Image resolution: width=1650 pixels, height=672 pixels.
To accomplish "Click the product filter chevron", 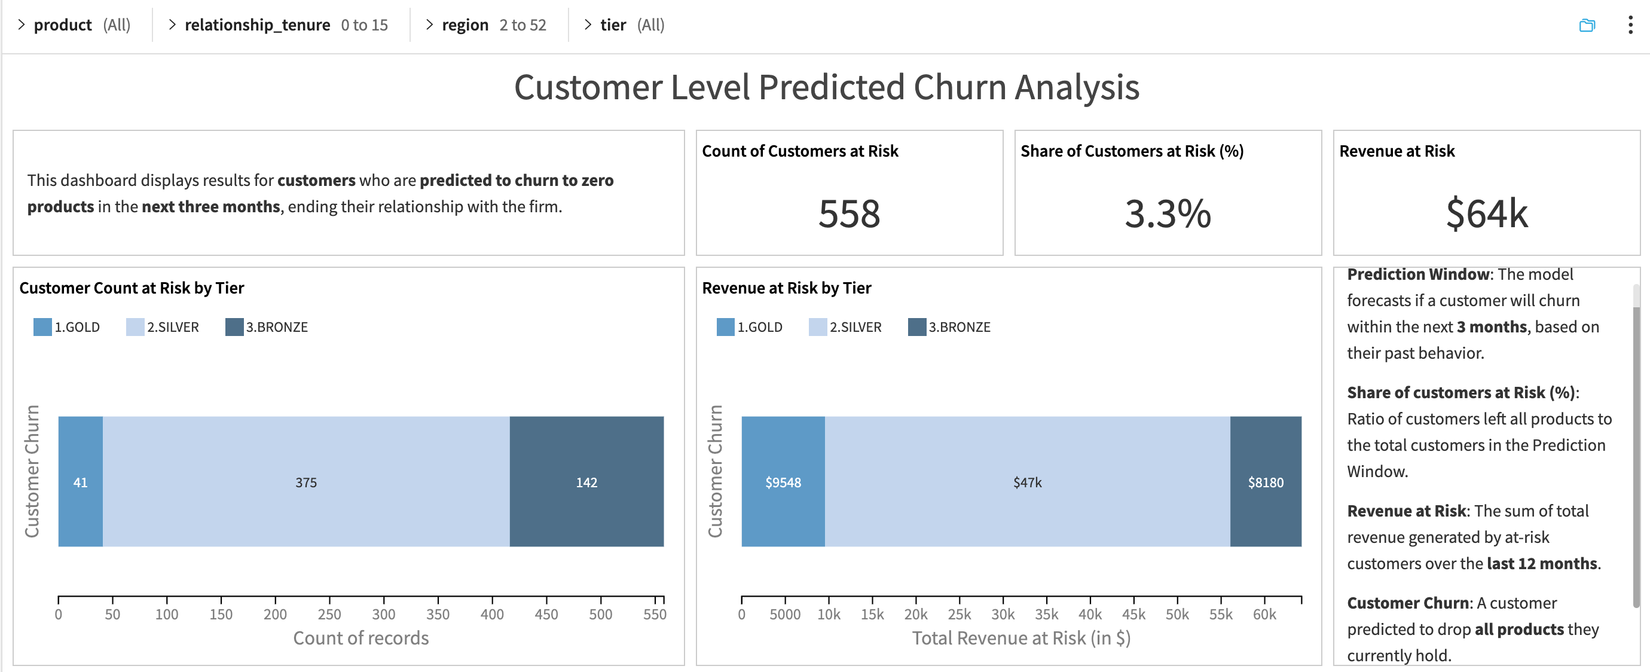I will [21, 25].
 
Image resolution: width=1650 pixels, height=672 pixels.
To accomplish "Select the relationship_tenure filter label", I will [258, 25].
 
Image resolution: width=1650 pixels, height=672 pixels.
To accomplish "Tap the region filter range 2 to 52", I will [522, 25].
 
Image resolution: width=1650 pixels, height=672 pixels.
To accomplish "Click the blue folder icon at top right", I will [1587, 26].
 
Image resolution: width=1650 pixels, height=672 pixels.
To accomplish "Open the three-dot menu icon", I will [1630, 25].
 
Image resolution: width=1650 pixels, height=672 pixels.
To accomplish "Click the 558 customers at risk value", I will [849, 214].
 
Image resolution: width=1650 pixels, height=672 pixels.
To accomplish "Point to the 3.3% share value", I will [1167, 214].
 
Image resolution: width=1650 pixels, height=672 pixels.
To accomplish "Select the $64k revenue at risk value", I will [1486, 214].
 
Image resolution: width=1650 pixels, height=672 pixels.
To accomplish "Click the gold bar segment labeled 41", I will [80, 482].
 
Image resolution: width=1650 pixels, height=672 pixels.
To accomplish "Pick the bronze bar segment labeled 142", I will [586, 482].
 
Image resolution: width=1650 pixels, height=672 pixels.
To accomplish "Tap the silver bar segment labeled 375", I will [306, 482].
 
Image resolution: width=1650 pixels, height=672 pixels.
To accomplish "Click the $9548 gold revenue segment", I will [783, 482].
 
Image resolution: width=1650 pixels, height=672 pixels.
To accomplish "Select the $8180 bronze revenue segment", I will [1265, 482].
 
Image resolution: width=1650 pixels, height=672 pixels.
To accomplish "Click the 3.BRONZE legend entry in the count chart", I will [267, 326].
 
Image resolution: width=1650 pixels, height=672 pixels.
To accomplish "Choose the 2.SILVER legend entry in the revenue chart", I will [845, 326].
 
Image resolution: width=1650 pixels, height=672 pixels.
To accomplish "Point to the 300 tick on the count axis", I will [384, 613].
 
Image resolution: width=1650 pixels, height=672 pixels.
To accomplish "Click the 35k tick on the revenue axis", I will [1046, 613].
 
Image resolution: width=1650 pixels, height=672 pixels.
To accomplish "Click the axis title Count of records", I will [360, 637].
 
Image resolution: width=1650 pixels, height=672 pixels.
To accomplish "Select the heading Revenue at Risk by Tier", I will [786, 288].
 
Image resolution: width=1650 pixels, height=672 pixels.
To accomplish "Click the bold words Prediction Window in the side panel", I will [1419, 274].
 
